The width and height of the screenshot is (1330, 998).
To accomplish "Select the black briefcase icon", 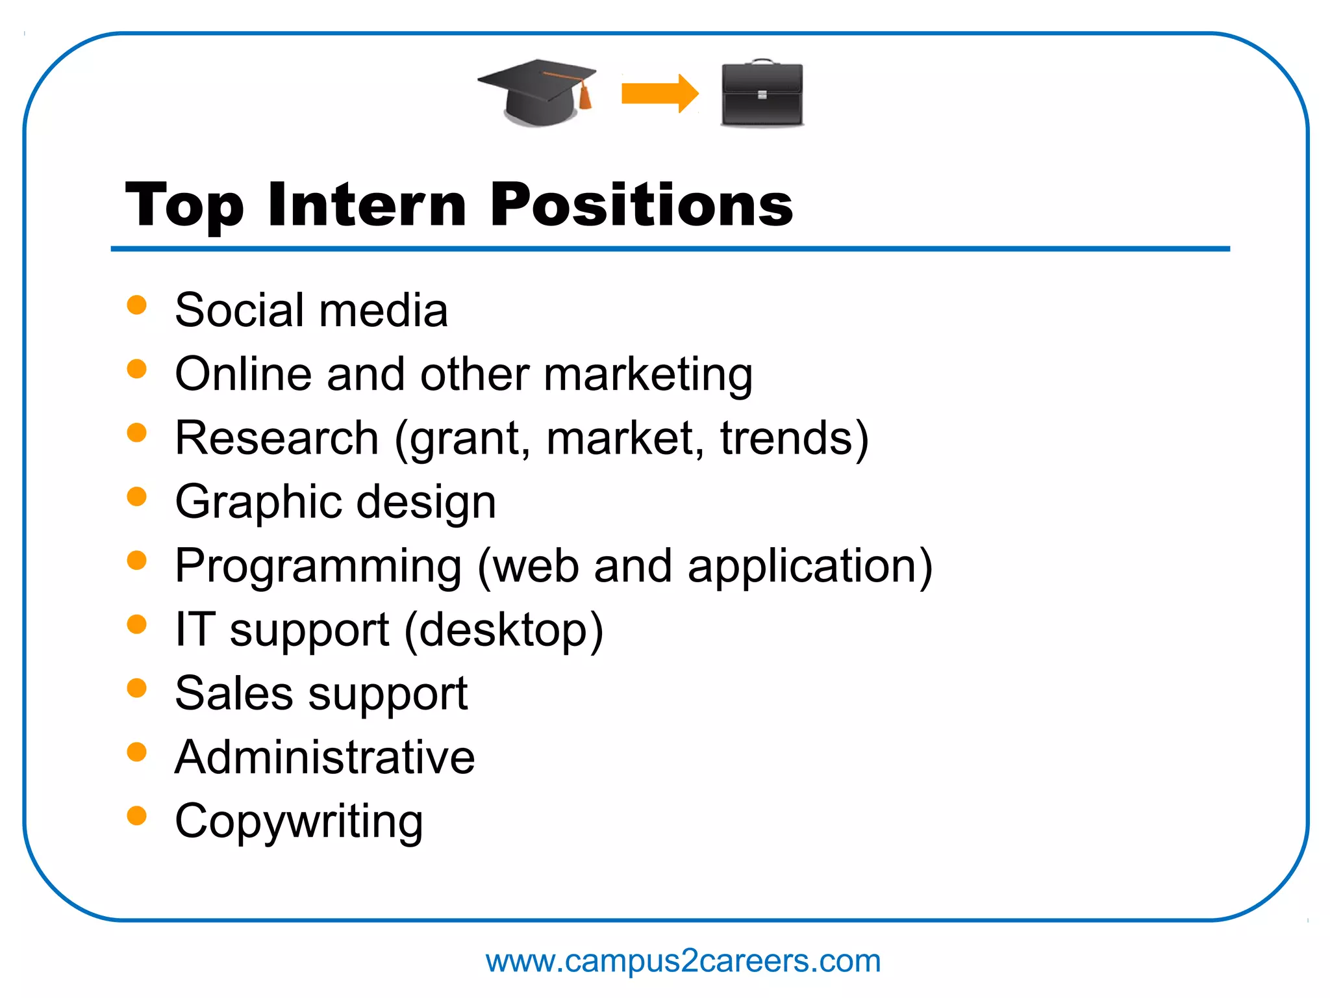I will (x=762, y=95).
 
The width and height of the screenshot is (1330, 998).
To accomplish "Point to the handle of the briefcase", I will (x=762, y=62).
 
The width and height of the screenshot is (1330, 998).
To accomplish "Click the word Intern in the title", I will (x=367, y=205).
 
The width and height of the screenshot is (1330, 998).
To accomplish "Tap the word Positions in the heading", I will (x=641, y=205).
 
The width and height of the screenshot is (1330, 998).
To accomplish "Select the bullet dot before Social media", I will (x=136, y=305).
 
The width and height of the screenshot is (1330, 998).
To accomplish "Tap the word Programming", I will (x=318, y=566).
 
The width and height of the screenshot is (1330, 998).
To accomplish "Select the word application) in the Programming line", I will (x=810, y=566).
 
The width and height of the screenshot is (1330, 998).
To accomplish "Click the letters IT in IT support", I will (x=195, y=629).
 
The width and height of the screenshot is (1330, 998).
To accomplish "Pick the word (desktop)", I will (x=504, y=630).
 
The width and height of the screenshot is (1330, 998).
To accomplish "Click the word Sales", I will (x=234, y=693).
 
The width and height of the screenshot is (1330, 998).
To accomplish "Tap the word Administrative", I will (x=325, y=758).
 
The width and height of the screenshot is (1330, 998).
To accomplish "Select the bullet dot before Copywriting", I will (x=136, y=815).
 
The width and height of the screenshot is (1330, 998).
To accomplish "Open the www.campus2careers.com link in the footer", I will (x=683, y=961).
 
